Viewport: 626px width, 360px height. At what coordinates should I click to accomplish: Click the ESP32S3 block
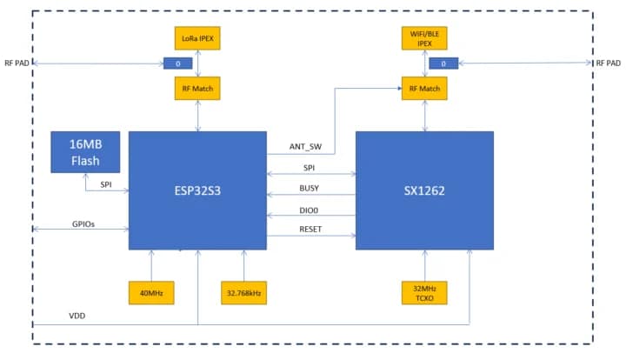pos(197,190)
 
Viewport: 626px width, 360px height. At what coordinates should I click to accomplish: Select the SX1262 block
pos(424,190)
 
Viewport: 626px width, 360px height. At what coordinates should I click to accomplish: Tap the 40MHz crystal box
pos(150,292)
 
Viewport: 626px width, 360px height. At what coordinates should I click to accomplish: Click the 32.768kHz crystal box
pos(244,292)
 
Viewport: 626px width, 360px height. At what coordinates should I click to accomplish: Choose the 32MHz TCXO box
pos(424,292)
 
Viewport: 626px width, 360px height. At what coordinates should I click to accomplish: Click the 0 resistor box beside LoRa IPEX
pos(178,63)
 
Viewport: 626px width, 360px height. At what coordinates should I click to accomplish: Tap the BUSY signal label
pos(310,188)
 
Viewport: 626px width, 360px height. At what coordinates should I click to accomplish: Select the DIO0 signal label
pos(310,210)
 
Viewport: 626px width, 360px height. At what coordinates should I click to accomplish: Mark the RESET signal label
pos(310,230)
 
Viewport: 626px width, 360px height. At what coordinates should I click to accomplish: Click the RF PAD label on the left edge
pos(16,63)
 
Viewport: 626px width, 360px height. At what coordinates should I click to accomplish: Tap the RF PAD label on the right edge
pos(608,63)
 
